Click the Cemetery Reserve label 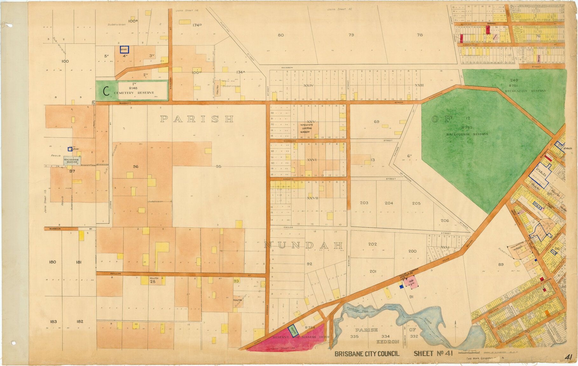pos(137,93)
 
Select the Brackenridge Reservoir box pos(72,161)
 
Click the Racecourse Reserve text pos(467,134)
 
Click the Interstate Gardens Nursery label pos(307,128)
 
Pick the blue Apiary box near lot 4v pos(124,50)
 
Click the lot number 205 pos(416,203)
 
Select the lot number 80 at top pos(281,35)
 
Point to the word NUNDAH pos(303,245)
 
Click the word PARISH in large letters pos(196,119)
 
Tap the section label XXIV pos(308,86)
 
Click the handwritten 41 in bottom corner pos(569,357)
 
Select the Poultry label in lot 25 pos(154,278)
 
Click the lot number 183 pos(53,322)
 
